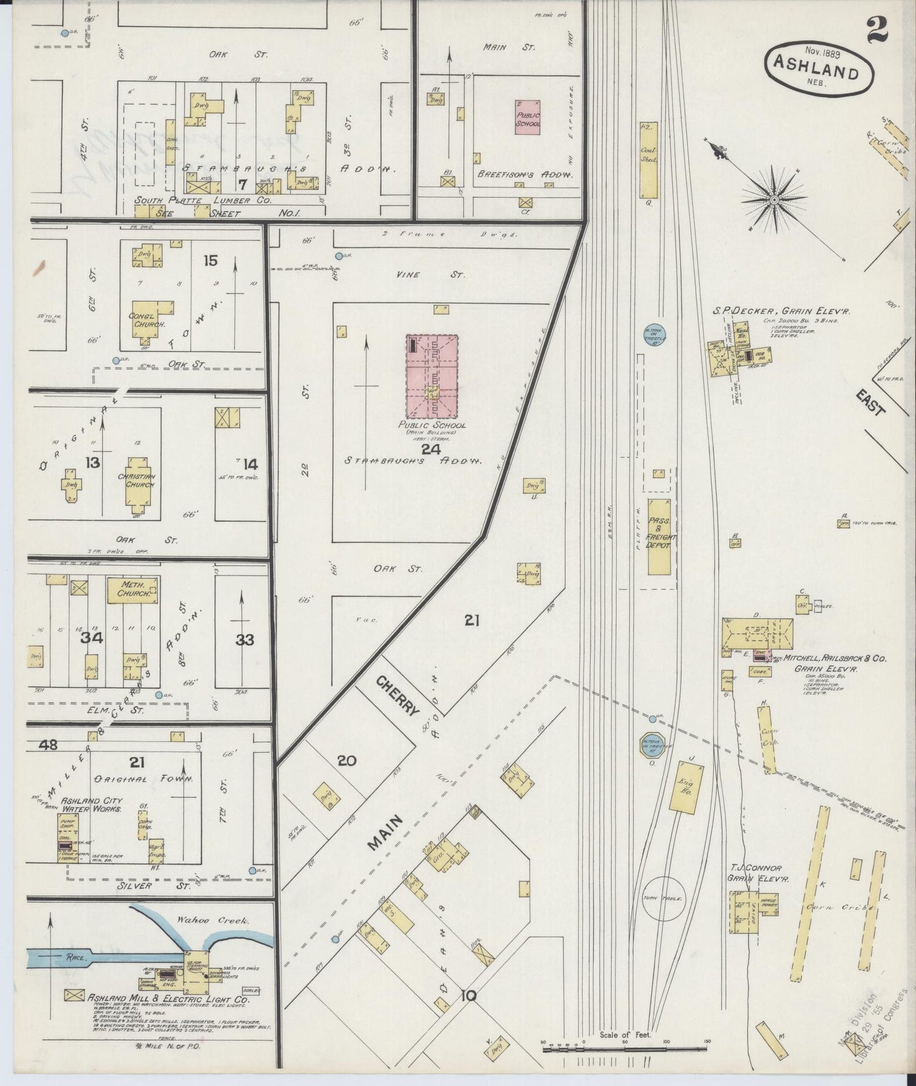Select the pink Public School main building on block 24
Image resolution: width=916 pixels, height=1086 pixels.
[x=432, y=375]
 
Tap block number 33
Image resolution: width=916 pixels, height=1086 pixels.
[x=245, y=639]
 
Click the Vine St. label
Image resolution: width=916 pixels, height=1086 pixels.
[x=449, y=275]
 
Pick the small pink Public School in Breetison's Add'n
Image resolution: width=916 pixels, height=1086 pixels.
[x=527, y=117]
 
